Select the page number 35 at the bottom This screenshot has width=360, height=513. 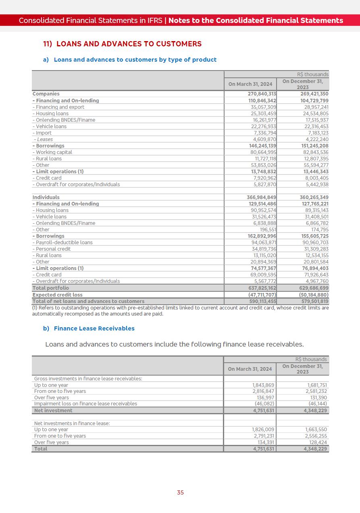click(x=180, y=492)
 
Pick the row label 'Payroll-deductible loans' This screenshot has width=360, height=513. click(x=64, y=243)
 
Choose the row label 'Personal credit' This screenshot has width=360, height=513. click(x=53, y=249)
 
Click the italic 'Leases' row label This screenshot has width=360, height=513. click(x=45, y=139)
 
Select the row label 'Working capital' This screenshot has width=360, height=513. click(x=54, y=152)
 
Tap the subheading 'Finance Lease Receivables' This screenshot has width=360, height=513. click(x=94, y=328)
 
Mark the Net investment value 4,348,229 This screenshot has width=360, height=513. click(x=315, y=411)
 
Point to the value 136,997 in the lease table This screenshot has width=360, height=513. click(x=265, y=398)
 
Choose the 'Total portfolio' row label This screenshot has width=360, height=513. click(x=50, y=288)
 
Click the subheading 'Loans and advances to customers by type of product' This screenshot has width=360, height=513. click(x=135, y=60)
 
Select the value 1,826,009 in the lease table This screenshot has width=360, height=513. click(x=263, y=430)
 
